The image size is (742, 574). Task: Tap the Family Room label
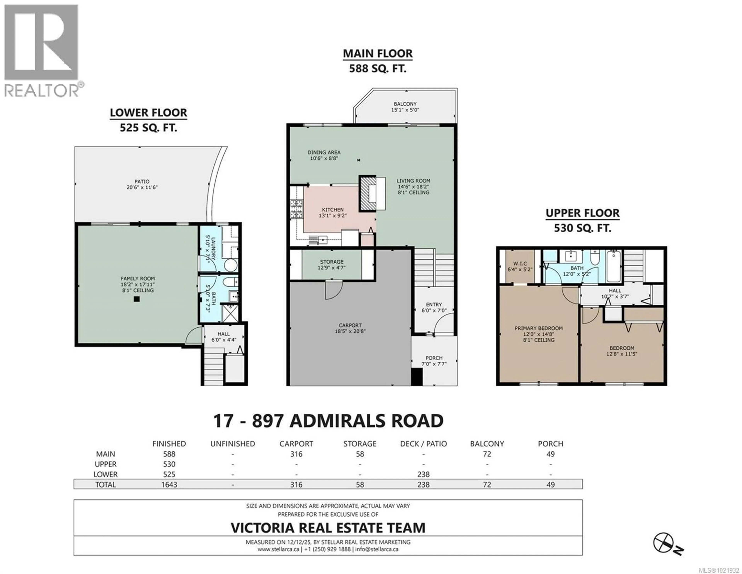138,278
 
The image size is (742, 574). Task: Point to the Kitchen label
333,210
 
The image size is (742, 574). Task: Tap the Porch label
434,358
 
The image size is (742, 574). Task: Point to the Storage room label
332,262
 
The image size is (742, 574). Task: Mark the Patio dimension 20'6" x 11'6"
142,187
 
